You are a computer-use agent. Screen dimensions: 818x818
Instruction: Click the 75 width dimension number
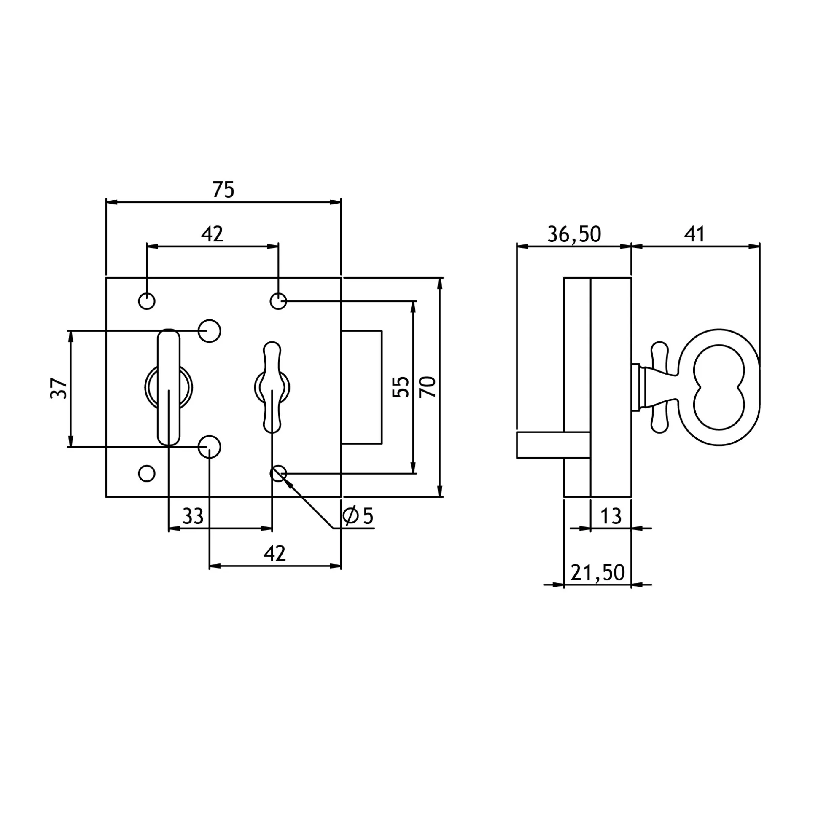click(223, 190)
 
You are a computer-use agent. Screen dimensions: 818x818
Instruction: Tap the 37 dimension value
click(59, 388)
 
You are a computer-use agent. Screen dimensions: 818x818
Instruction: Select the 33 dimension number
click(193, 516)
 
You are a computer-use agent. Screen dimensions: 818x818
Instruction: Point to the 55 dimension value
click(401, 386)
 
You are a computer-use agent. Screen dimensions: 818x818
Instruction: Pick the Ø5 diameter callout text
click(358, 516)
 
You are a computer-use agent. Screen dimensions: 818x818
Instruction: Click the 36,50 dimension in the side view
click(574, 234)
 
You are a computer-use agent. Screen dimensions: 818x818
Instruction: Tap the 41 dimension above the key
click(695, 234)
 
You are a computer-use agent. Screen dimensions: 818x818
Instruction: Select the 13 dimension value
click(611, 516)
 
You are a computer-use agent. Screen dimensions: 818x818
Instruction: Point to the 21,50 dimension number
click(598, 572)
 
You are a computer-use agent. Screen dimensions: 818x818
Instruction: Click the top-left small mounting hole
click(147, 301)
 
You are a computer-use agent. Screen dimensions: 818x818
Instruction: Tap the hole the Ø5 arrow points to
click(278, 473)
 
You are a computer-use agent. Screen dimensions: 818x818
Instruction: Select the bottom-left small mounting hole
click(147, 473)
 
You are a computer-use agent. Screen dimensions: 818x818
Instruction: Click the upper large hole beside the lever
click(209, 331)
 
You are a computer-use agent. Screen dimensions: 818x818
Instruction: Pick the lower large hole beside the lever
click(209, 447)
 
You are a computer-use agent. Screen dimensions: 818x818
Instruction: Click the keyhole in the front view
click(272, 387)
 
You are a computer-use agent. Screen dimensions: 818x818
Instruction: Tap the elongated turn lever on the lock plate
click(169, 387)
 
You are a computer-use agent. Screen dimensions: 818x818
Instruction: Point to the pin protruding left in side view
click(553, 445)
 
